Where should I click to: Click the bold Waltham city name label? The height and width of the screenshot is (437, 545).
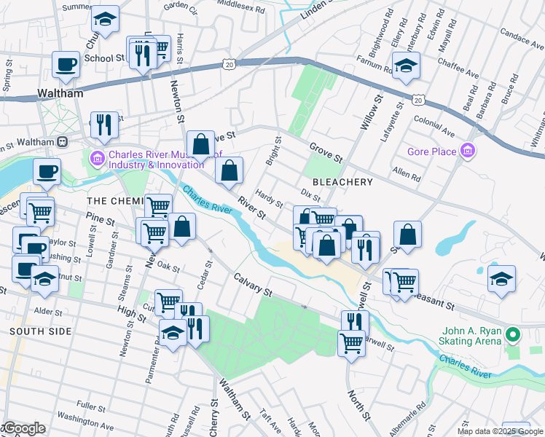tap(60, 94)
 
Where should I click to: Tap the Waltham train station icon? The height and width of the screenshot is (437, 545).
tap(63, 141)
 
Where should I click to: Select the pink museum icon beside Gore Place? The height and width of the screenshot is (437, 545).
tap(468, 151)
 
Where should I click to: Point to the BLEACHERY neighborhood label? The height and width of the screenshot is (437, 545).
tap(342, 182)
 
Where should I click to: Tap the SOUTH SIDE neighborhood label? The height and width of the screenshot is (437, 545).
tap(41, 331)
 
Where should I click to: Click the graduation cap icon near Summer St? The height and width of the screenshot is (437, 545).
tap(106, 20)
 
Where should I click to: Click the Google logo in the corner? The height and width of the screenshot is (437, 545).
tap(24, 428)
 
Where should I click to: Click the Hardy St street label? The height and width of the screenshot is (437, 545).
tap(269, 197)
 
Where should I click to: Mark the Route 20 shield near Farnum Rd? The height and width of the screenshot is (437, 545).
tap(418, 98)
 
